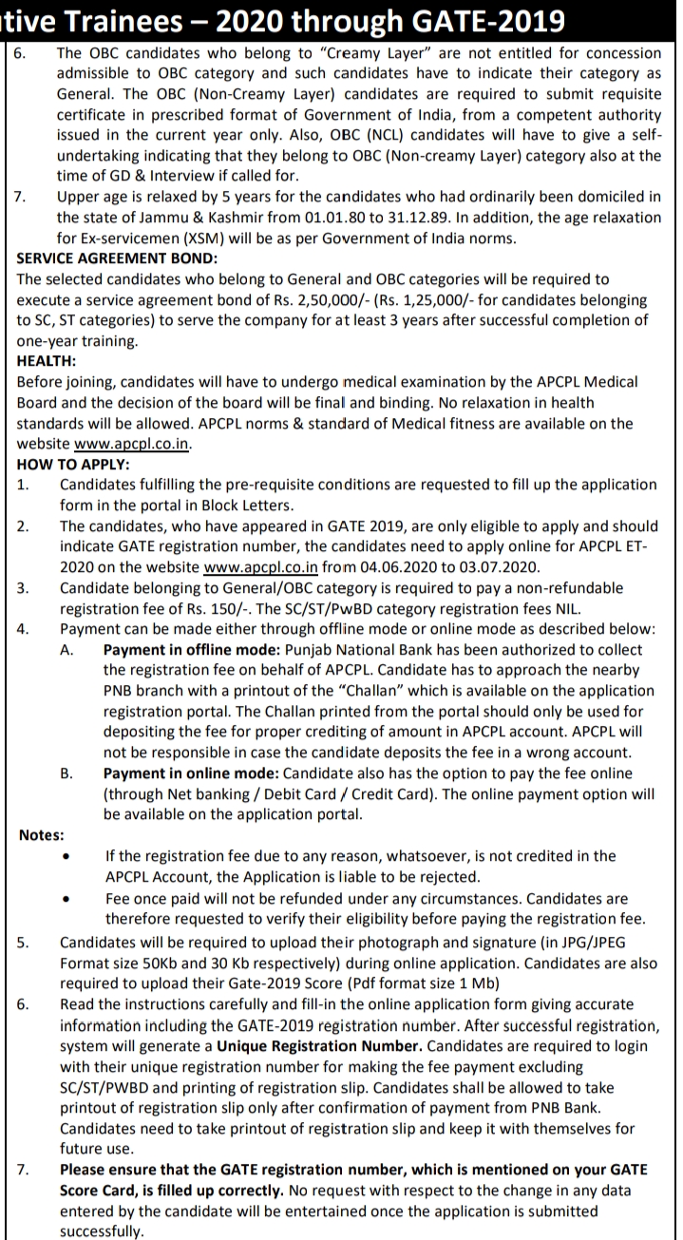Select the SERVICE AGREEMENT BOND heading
point(116,258)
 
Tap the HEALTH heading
point(47,360)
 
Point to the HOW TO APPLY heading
point(73,464)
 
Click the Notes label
point(42,835)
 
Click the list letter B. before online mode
point(67,773)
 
